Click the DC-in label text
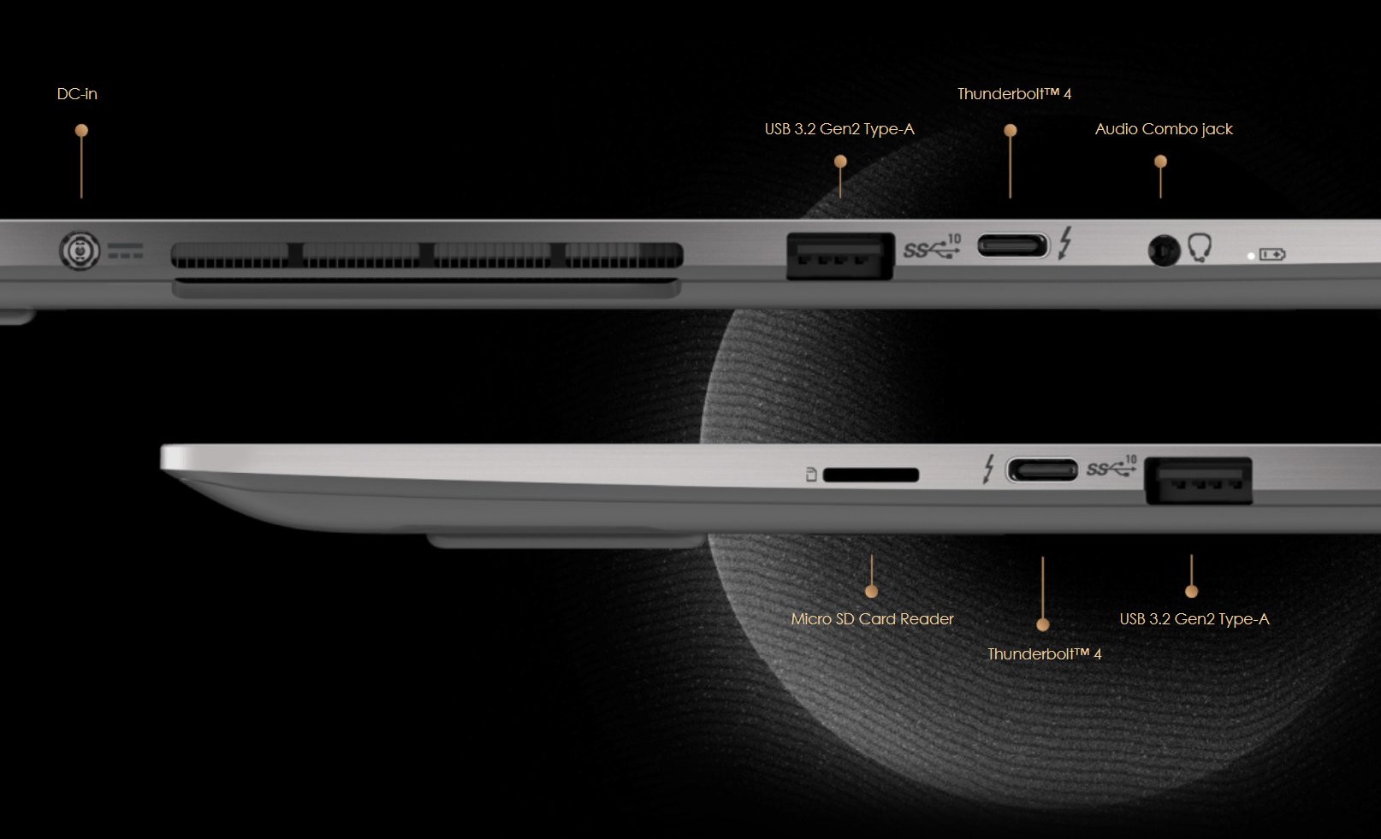[77, 94]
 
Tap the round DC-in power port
[80, 251]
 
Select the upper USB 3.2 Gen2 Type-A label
[839, 129]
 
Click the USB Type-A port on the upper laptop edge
[839, 256]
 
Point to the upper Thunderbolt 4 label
[1014, 94]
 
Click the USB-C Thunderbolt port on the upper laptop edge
[1012, 246]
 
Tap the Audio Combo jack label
[1164, 129]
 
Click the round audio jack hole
[1163, 251]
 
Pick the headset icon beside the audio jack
[1200, 247]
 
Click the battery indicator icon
[1271, 255]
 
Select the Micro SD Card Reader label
[872, 619]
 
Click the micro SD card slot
[870, 475]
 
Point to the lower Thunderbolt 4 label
[1044, 654]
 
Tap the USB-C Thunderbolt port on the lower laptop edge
[1042, 470]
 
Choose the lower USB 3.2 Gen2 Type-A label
[1194, 619]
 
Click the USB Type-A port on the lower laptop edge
[1198, 481]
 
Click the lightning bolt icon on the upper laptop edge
[1064, 243]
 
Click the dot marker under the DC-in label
[81, 131]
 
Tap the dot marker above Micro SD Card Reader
[871, 591]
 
